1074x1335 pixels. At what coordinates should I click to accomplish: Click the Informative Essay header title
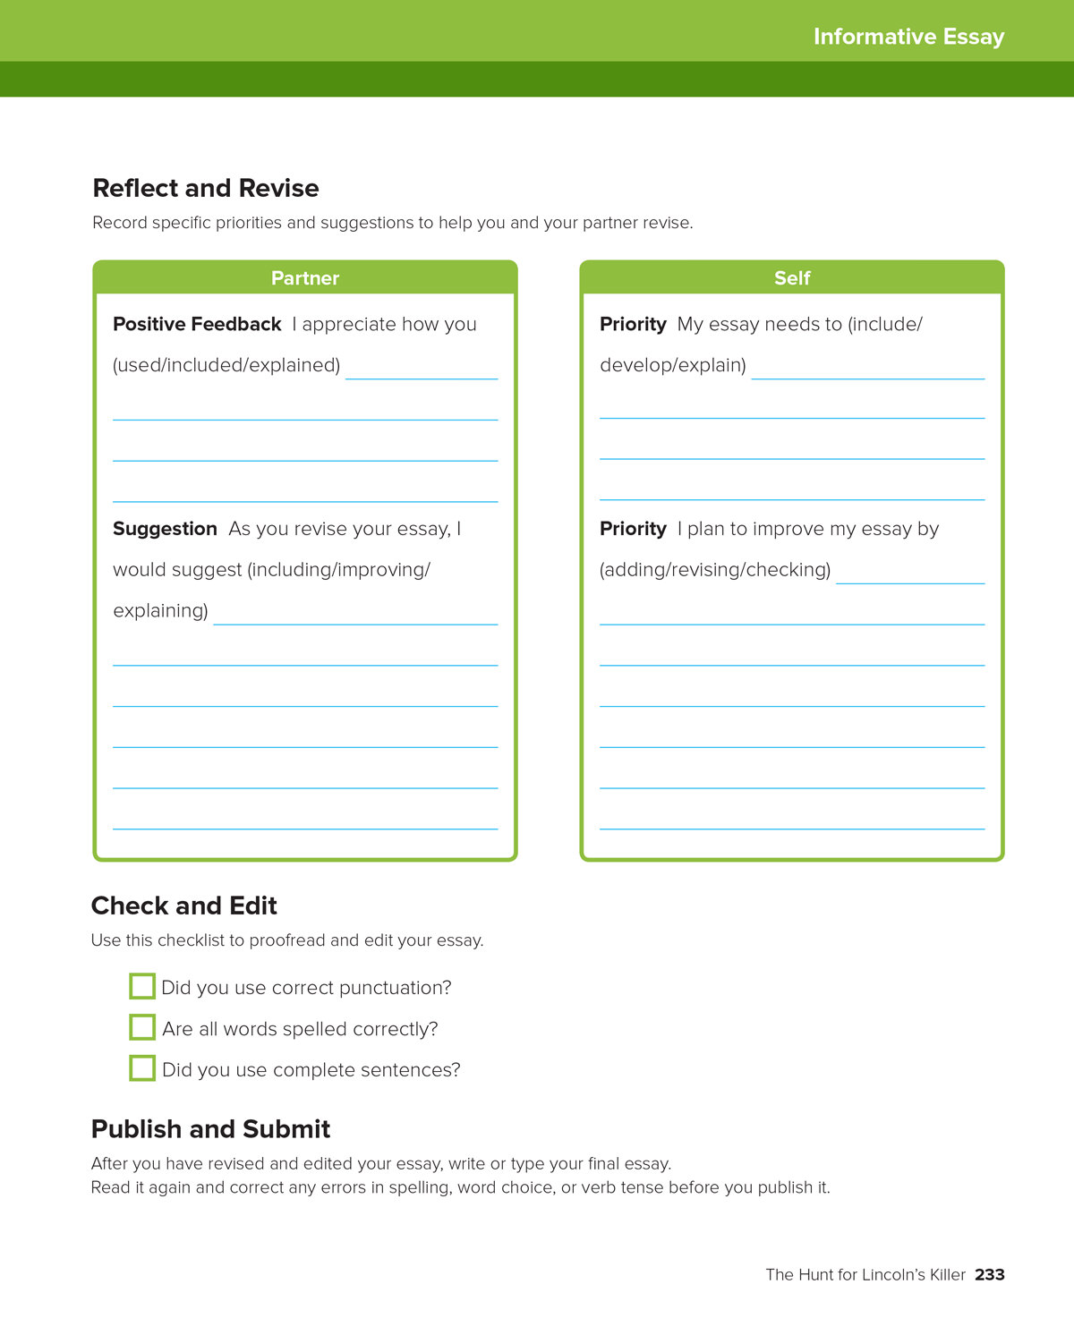point(908,37)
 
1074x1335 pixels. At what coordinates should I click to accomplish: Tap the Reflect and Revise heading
point(206,188)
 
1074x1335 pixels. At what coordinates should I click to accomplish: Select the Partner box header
point(305,278)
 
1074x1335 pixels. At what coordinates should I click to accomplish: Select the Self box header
point(792,278)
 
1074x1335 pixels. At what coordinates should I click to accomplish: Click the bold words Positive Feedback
point(197,324)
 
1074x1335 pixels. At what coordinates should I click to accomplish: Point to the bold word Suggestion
point(165,529)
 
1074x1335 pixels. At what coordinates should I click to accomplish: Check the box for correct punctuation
point(142,986)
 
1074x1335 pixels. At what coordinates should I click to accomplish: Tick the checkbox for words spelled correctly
point(142,1027)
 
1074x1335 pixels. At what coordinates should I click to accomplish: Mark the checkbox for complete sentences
point(142,1068)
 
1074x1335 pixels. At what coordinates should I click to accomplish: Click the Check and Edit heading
point(184,906)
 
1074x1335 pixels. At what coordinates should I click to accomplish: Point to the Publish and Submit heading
point(211,1129)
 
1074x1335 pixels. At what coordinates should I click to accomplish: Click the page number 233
point(990,1275)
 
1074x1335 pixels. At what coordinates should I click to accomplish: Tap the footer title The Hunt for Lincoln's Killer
point(865,1275)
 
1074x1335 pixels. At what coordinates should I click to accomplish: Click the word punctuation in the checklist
point(397,988)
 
